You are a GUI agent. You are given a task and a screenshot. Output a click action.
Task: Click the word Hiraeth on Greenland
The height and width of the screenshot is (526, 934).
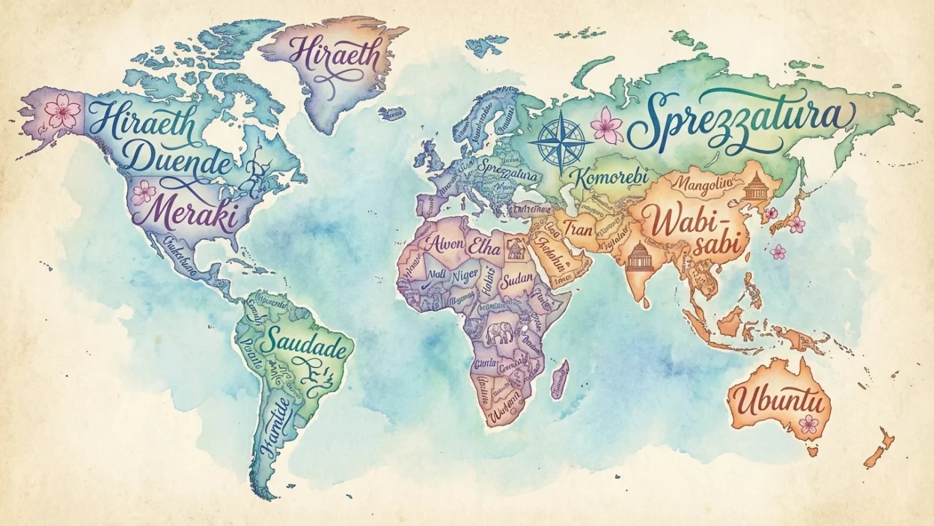coord(335,53)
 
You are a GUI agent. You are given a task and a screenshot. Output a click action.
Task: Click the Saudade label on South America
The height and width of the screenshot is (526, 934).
coord(307,345)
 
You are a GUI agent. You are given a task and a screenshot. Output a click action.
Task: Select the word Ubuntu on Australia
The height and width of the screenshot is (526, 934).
coord(780,403)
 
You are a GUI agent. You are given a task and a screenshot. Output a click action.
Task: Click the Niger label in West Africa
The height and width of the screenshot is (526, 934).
coord(463,276)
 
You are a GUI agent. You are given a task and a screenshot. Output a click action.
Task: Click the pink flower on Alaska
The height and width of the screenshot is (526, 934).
coord(62,112)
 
